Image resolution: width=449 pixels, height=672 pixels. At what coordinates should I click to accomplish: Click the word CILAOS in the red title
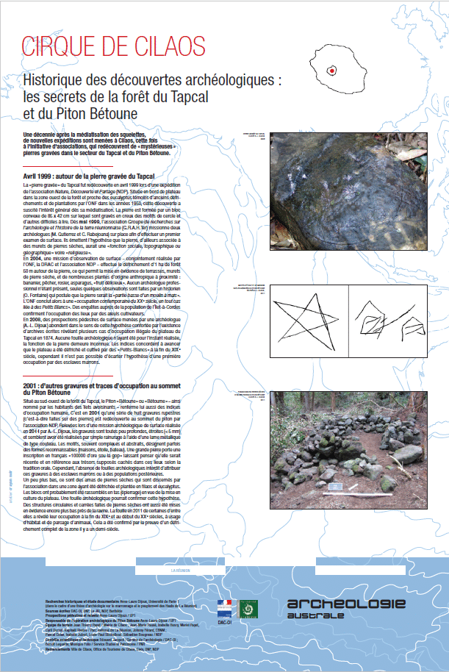coord(166,46)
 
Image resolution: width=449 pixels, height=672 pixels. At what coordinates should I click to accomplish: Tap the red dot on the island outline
coord(331,71)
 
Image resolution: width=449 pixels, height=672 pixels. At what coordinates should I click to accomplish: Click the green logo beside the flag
coord(251,607)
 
